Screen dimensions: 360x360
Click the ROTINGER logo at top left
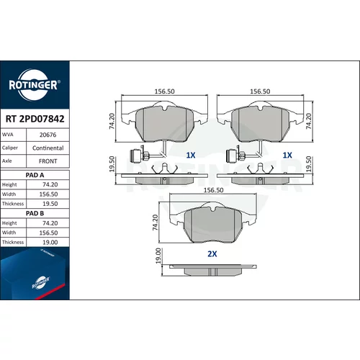35,85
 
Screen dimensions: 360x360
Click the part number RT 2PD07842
35,119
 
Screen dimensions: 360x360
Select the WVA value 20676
48,135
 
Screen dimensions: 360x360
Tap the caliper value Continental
48,148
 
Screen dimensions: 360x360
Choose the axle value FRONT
48,161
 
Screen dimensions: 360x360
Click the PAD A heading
35,175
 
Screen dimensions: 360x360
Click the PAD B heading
35,213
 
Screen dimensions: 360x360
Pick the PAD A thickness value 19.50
50,204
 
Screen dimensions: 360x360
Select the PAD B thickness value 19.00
50,243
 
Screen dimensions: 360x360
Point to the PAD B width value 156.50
48,233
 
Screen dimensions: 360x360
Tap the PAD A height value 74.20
50,184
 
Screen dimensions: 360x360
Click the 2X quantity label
212,254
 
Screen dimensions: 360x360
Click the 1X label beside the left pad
191,156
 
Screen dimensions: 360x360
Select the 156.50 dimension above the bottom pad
213,190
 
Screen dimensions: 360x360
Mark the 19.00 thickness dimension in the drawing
158,256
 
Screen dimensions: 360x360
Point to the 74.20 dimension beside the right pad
309,121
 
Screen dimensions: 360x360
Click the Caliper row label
10,148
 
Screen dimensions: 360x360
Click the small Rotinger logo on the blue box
41,282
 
